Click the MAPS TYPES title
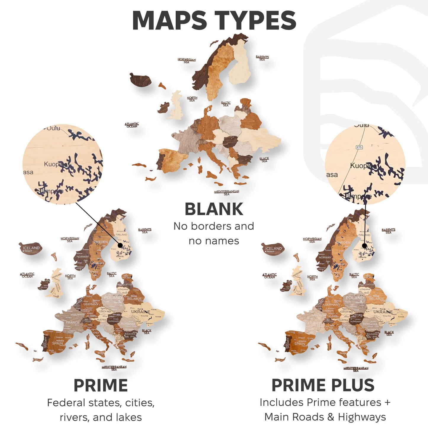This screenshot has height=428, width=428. pos(214,20)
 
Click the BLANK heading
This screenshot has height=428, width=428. pos(214,209)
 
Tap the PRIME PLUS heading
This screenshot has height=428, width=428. pos(323,385)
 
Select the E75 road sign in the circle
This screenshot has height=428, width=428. pos(359,147)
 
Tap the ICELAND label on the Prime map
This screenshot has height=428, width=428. pos(31,248)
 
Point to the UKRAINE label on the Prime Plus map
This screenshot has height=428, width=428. pos(383,312)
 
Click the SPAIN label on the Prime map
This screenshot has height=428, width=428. pos(57,343)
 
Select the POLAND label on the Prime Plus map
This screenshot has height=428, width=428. pos(355,298)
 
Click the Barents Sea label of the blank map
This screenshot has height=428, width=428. pos(262,58)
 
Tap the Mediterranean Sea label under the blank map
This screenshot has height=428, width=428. pos(227,193)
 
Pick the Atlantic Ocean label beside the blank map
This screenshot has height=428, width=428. pos(132,125)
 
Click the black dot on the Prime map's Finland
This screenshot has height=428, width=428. pos(120,245)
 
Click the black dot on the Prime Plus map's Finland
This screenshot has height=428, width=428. pos(365,246)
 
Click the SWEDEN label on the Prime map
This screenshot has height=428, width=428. pos(100,242)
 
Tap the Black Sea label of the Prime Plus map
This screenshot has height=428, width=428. pos(389,333)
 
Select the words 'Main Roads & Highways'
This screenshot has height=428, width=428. pos(325,417)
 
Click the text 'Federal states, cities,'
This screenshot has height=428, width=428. pos(101,403)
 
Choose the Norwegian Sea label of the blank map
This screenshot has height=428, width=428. pos(187,61)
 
